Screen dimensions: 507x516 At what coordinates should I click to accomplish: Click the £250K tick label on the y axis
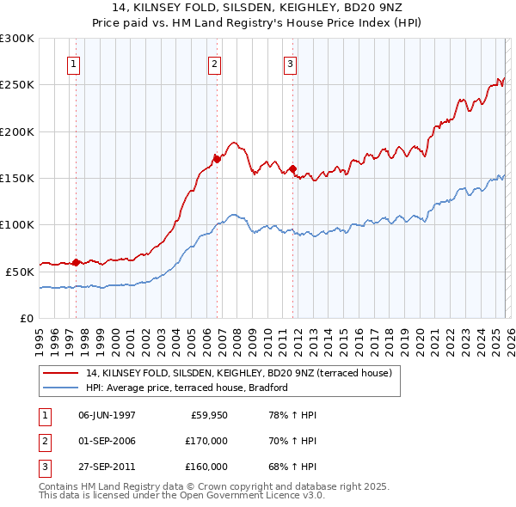click(x=17, y=85)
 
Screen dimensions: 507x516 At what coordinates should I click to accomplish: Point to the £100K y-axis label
click(x=17, y=225)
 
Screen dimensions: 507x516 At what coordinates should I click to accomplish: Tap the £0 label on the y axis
click(x=27, y=318)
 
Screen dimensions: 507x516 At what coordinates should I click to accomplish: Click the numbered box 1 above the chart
click(x=74, y=64)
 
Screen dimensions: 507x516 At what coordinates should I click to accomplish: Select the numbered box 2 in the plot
click(x=214, y=64)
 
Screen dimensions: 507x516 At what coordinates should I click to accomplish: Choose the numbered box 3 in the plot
click(x=291, y=64)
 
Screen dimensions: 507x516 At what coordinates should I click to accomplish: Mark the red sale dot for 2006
click(x=217, y=159)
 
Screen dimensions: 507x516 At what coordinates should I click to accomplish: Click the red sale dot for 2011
click(x=293, y=168)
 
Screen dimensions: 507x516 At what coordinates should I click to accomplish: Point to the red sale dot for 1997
click(x=77, y=262)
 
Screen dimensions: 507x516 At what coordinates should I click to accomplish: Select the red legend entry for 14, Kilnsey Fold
click(x=238, y=373)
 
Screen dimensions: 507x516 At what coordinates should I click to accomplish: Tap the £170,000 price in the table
click(x=206, y=441)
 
